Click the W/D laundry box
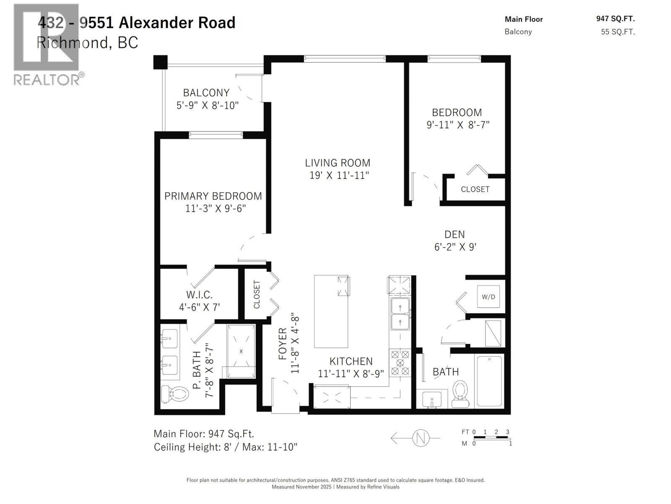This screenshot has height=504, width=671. pyautogui.click(x=488, y=297)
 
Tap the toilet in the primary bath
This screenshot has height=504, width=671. pyautogui.click(x=175, y=394)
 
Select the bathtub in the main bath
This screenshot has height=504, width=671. pyautogui.click(x=489, y=381)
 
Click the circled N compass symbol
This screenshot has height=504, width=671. pyautogui.click(x=421, y=438)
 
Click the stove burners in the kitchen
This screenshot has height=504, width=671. pyautogui.click(x=400, y=362)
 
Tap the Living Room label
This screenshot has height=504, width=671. pyautogui.click(x=338, y=163)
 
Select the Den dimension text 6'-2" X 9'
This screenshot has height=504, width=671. pyautogui.click(x=455, y=247)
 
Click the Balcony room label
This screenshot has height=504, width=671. pyautogui.click(x=206, y=92)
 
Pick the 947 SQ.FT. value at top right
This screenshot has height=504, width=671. pyautogui.click(x=615, y=18)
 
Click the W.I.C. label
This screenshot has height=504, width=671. pyautogui.click(x=199, y=295)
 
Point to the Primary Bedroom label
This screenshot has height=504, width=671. pyautogui.click(x=213, y=196)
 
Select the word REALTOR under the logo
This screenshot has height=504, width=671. pyautogui.click(x=46, y=79)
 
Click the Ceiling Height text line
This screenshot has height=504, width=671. pyautogui.click(x=226, y=447)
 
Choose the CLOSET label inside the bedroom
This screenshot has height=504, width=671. pyautogui.click(x=475, y=189)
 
